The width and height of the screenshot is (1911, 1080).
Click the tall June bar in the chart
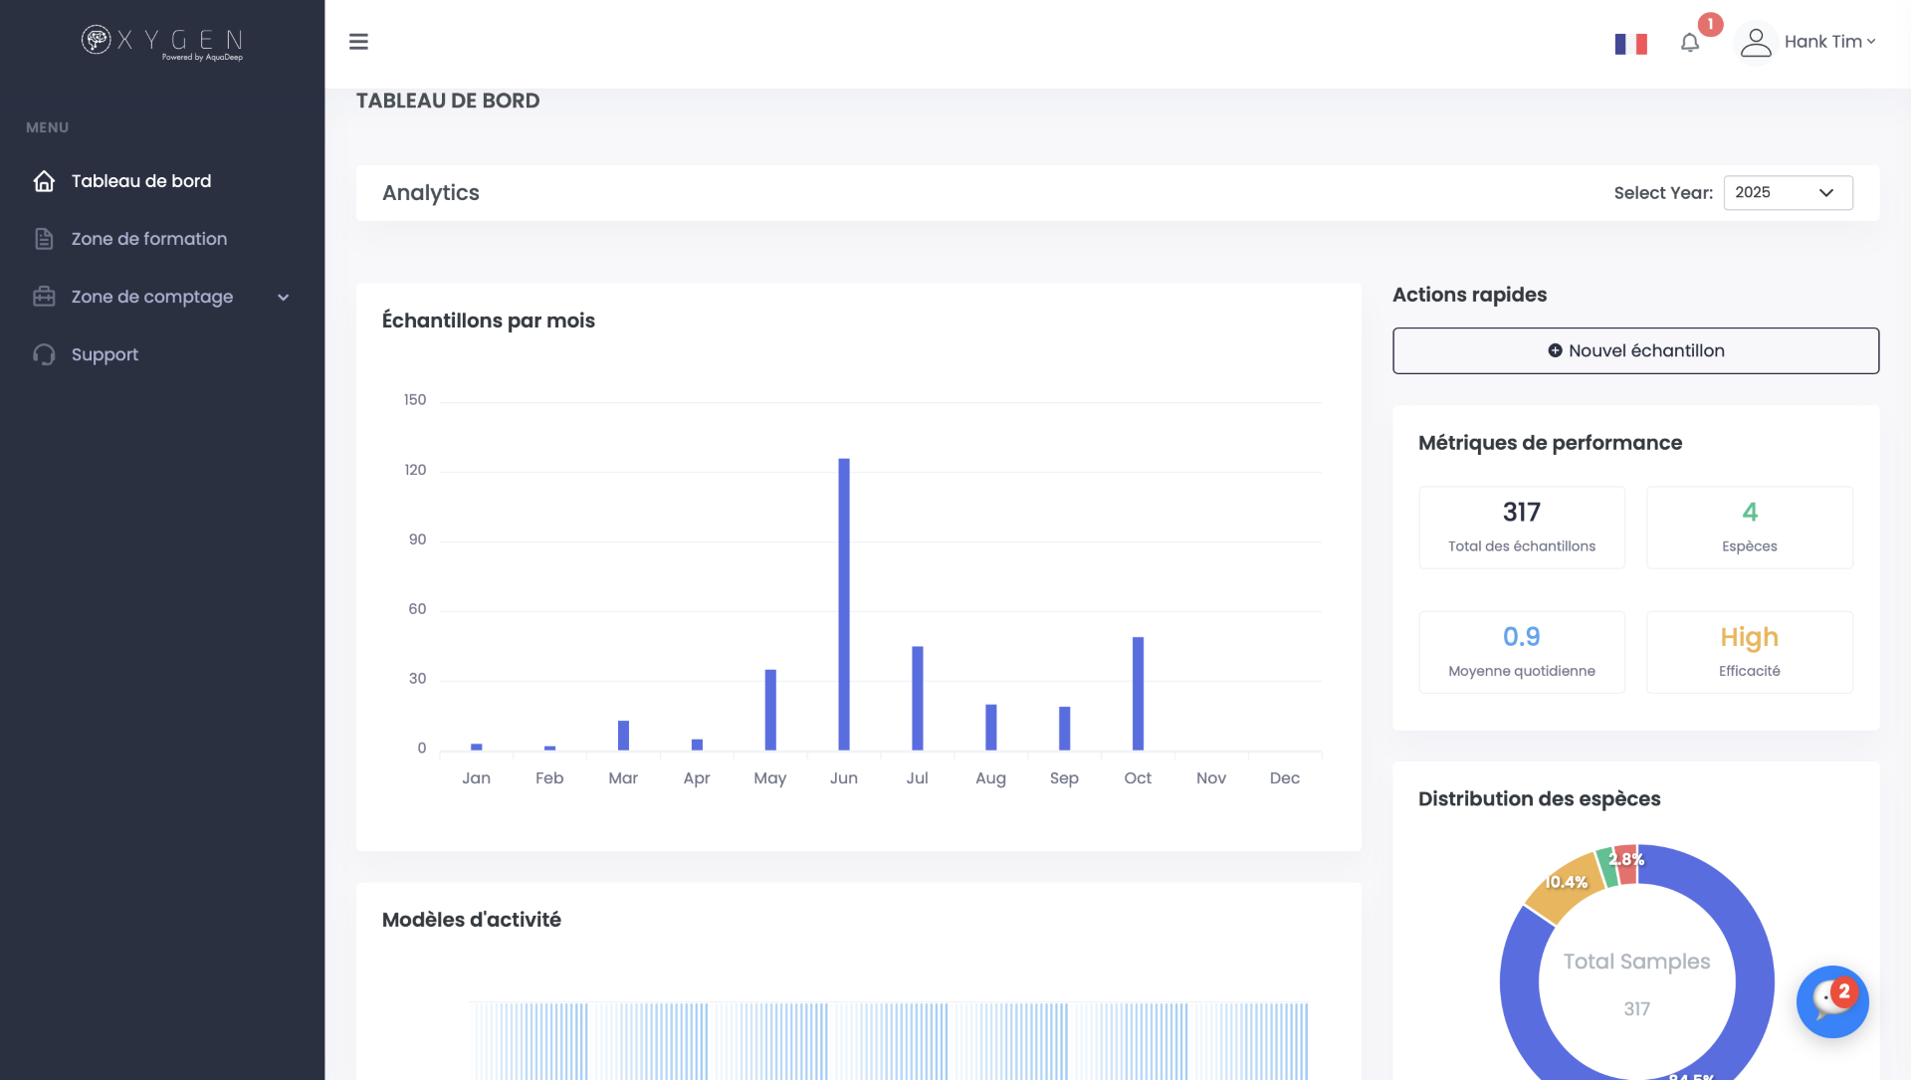[844, 603]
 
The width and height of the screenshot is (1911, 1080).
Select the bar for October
[1138, 693]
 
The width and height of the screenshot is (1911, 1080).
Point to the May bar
[770, 709]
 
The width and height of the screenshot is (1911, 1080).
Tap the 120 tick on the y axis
[415, 470]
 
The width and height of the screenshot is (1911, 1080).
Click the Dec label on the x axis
[1284, 778]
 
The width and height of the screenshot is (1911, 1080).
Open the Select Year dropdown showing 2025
[1788, 193]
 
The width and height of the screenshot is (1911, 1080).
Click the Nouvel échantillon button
[1635, 351]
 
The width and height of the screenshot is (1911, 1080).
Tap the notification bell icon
[1690, 43]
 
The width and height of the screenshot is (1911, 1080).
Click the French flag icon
[1630, 44]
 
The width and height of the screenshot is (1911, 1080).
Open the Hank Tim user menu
[1807, 42]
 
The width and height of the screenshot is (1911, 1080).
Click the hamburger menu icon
[358, 42]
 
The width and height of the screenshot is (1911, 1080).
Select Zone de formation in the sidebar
[149, 239]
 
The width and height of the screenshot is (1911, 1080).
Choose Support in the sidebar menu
[105, 354]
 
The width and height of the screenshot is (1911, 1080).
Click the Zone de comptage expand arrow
[284, 298]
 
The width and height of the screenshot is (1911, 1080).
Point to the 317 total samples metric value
[1521, 513]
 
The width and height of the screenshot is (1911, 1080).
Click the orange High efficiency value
[1749, 637]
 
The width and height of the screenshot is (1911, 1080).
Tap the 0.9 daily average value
[1521, 637]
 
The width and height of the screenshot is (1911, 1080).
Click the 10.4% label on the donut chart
[1566, 883]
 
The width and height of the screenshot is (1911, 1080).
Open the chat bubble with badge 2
[1831, 1001]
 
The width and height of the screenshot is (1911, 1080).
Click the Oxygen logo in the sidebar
[162, 42]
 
